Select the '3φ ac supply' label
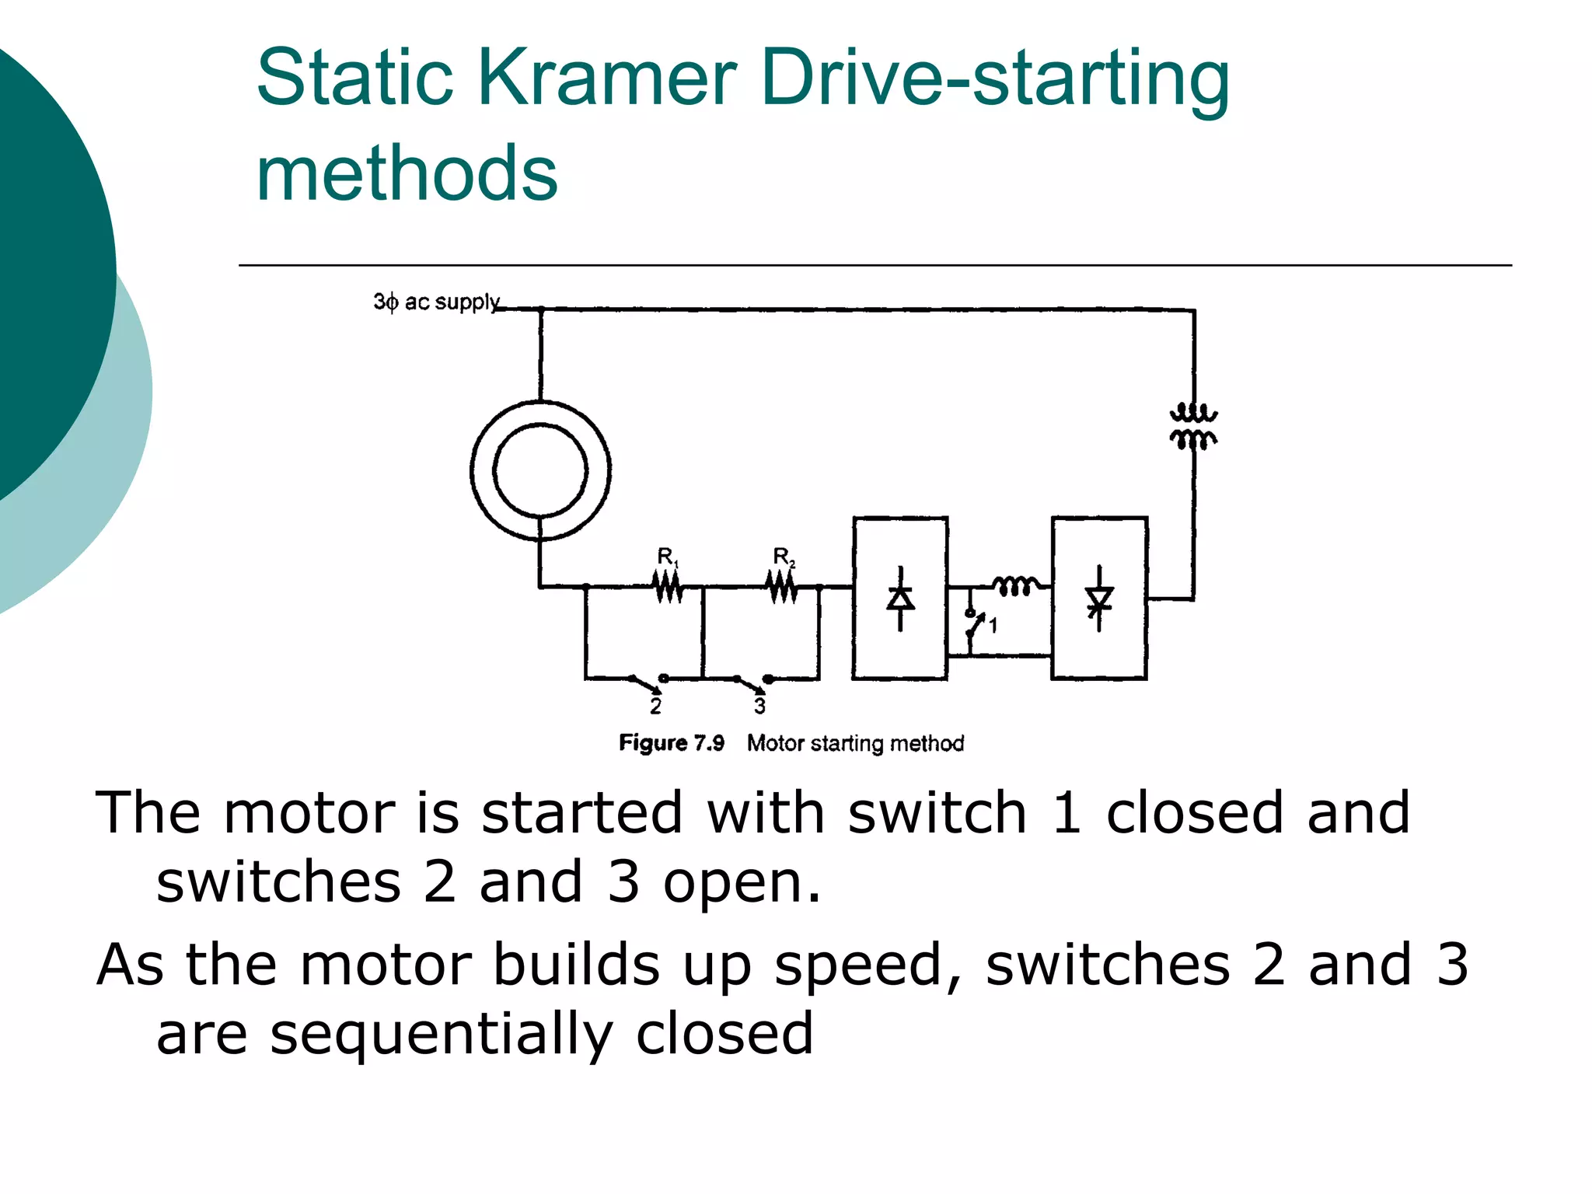[436, 302]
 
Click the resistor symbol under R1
[669, 586]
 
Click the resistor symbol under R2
[783, 586]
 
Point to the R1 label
[667, 557]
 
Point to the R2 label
[783, 557]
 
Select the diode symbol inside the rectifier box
[900, 599]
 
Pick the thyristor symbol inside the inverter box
[1098, 599]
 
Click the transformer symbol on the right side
[1193, 427]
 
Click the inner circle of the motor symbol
[540, 470]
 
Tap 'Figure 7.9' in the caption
[672, 743]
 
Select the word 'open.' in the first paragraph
[742, 883]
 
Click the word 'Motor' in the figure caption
[775, 743]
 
